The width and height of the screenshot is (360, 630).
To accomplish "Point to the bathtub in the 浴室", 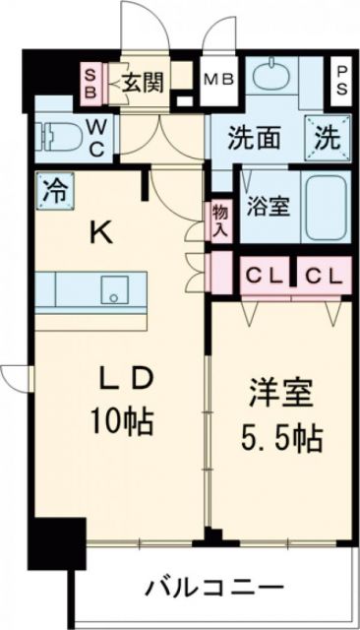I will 326,208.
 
